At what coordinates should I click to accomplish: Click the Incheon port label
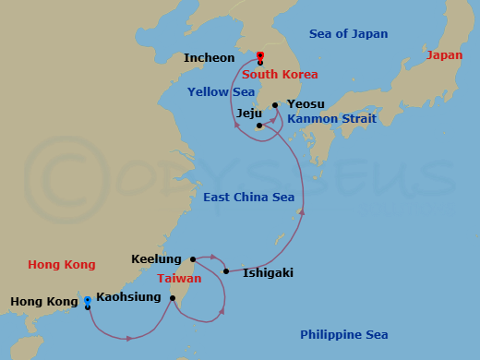210,58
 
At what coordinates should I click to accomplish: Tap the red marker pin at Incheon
260,57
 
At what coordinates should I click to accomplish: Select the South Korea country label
280,74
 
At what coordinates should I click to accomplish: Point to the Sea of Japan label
348,34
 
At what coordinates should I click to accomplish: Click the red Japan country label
445,55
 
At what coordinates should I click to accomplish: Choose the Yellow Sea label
221,91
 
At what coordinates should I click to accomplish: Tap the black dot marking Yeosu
275,105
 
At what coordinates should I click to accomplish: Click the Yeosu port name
306,104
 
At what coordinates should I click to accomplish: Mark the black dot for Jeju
260,126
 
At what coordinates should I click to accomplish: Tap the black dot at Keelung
193,259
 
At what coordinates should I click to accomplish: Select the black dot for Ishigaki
226,271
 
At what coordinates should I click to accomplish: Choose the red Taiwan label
179,278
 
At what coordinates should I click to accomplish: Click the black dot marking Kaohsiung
173,297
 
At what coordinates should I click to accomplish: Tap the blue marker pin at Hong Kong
88,302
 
